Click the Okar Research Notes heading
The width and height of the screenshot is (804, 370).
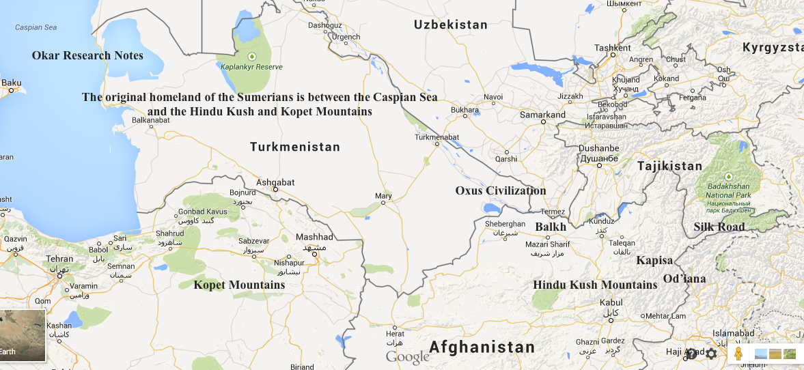tap(87, 55)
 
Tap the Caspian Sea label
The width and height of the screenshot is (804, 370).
tap(36, 28)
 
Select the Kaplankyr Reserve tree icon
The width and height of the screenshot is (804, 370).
tap(251, 55)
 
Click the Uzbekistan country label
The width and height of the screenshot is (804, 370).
tap(451, 25)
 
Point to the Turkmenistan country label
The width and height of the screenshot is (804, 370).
tap(294, 147)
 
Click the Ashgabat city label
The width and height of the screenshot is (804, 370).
tap(275, 182)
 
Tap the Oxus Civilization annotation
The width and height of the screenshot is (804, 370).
tap(501, 190)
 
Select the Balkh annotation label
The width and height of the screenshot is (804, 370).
tap(551, 227)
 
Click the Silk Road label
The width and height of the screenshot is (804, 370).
tap(719, 227)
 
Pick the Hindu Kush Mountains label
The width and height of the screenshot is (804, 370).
tap(595, 285)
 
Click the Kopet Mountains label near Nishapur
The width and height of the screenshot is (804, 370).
tap(239, 285)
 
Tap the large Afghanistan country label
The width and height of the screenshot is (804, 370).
tap(482, 347)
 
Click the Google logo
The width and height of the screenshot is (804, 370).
tap(407, 356)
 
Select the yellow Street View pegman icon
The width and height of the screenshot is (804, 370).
tap(738, 354)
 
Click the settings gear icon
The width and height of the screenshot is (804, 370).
tap(711, 354)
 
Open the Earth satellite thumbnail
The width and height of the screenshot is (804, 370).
tap(23, 336)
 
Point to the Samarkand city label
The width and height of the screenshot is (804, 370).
tap(542, 115)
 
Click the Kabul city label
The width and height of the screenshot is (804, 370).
tap(611, 302)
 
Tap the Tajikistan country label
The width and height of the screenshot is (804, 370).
tap(669, 166)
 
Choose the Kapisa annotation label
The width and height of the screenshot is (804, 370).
tap(654, 260)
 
